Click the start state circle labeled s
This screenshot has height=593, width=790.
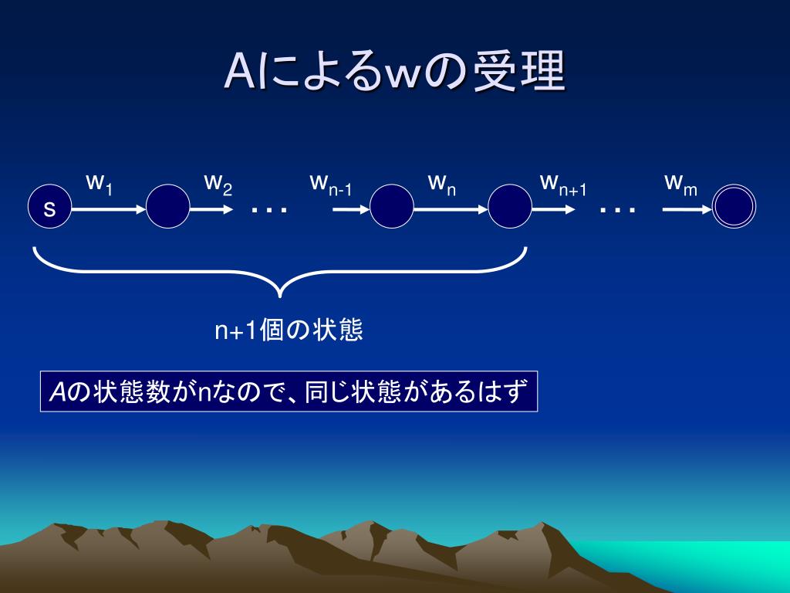[49, 207]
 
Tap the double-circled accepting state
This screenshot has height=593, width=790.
[734, 207]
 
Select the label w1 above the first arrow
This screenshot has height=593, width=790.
[100, 184]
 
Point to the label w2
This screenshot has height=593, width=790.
[218, 184]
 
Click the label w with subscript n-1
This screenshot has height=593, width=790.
[330, 184]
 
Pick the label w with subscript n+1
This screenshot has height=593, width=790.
[563, 184]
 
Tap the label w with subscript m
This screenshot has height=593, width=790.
[680, 184]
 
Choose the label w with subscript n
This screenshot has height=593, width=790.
[441, 184]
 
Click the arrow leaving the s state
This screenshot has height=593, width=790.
[108, 208]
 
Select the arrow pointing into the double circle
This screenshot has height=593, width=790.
[686, 208]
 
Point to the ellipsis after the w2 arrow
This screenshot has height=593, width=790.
[269, 209]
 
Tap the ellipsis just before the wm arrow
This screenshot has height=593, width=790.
[618, 209]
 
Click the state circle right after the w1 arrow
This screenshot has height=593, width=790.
[168, 207]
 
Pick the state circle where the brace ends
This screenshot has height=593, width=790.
[510, 207]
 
